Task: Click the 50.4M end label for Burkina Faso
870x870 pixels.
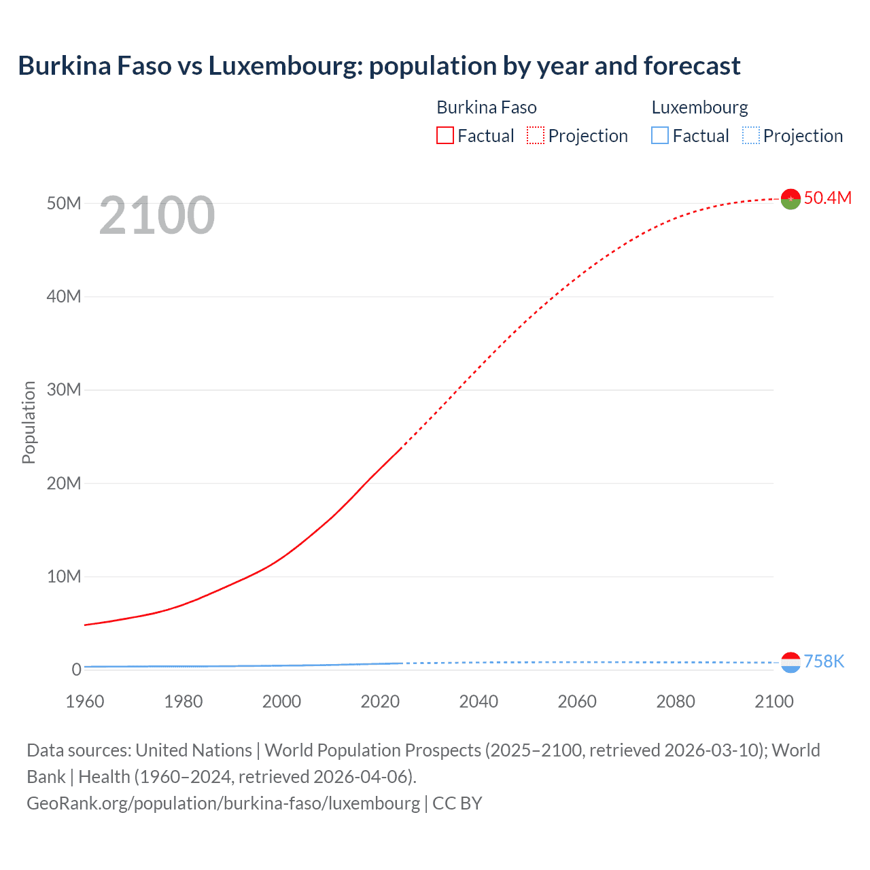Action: coord(827,198)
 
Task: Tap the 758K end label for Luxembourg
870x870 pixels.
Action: coord(824,661)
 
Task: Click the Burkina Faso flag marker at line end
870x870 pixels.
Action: coord(790,199)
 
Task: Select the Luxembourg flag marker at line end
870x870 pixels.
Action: coord(790,663)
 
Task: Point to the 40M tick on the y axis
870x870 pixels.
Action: coord(64,296)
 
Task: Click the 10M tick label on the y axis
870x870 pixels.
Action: coord(64,576)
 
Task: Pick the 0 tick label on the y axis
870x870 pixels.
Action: coord(76,669)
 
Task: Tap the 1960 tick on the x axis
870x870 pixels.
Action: coord(85,701)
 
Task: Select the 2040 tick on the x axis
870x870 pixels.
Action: coord(478,701)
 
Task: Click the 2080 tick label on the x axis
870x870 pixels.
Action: coord(676,701)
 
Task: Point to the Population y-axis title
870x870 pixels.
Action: coord(29,422)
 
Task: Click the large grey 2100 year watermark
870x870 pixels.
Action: coord(157,215)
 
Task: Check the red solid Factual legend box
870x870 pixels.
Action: coord(445,136)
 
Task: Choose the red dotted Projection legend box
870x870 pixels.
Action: coord(536,136)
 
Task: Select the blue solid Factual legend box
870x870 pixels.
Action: coord(660,136)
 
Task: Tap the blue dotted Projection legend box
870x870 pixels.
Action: coord(751,136)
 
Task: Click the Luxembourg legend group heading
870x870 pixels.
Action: coord(699,107)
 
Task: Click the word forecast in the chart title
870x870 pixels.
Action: coord(691,66)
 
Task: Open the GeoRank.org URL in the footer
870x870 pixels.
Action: coord(223,803)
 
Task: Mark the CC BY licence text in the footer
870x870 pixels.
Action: coord(457,803)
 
